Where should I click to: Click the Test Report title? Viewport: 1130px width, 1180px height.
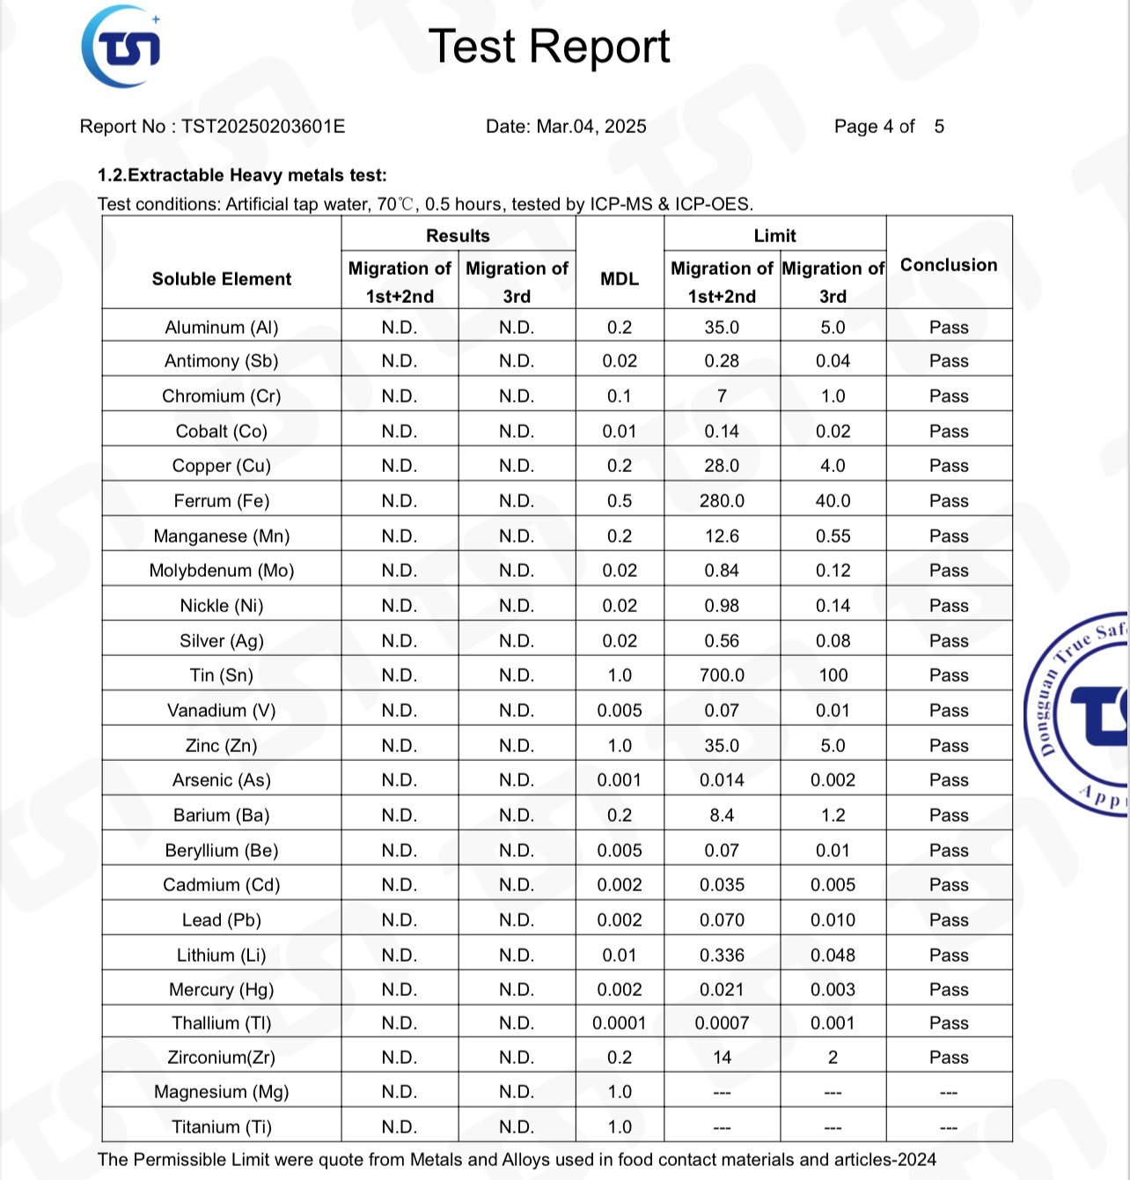tap(549, 47)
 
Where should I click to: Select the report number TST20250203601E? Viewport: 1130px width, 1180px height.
tap(263, 126)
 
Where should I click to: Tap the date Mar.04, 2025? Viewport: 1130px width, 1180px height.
tap(591, 126)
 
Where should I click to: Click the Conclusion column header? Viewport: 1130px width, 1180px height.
tap(949, 265)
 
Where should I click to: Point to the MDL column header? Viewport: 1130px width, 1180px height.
tap(620, 279)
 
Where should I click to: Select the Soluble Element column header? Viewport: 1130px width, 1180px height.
tap(222, 279)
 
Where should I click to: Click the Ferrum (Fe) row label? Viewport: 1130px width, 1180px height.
tap(222, 501)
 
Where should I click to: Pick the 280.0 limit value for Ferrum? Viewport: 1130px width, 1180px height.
tap(722, 501)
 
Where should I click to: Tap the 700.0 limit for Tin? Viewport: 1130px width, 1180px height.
tap(722, 675)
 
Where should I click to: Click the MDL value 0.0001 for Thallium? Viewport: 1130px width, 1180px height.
tap(620, 1023)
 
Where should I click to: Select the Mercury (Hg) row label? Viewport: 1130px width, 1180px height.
tap(222, 990)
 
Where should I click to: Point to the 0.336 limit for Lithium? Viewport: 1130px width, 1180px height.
tap(722, 955)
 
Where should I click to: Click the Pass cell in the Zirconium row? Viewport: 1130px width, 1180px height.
tap(949, 1058)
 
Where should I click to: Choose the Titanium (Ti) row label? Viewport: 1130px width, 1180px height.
tap(222, 1127)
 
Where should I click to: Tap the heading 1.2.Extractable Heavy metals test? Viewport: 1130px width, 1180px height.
tap(242, 175)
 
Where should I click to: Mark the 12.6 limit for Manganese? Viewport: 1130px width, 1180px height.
tap(722, 536)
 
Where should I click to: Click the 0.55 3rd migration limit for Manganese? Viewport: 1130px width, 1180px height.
tap(833, 536)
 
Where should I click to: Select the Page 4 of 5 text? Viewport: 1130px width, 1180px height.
tap(889, 126)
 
